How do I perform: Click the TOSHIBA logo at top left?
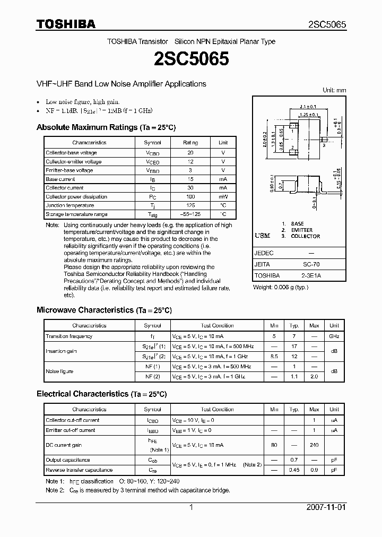[66, 24]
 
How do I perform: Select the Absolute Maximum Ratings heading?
[106, 127]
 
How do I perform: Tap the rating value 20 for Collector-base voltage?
[190, 152]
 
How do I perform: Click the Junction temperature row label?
[70, 205]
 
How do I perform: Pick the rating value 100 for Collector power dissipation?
[190, 197]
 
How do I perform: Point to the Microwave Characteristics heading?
[104, 310]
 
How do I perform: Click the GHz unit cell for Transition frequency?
[334, 336]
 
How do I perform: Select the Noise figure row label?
[59, 371]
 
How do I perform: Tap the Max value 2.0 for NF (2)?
[314, 376]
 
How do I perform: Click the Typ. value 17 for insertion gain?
[293, 346]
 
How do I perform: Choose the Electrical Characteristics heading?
[101, 394]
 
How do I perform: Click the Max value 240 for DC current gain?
[314, 445]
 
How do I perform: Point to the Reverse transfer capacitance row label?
[79, 470]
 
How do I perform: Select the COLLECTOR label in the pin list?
[305, 236]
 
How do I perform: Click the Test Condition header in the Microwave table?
[213, 325]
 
